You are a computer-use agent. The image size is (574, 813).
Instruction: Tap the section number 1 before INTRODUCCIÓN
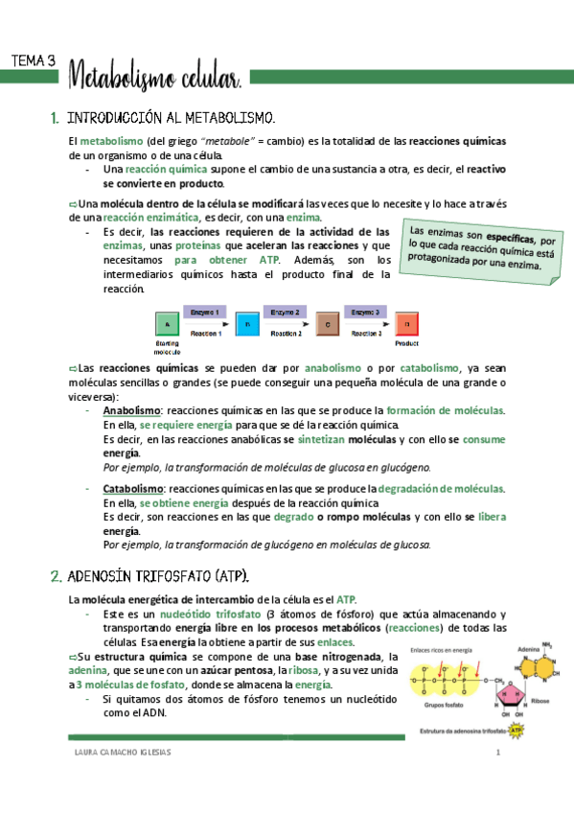tap(54, 119)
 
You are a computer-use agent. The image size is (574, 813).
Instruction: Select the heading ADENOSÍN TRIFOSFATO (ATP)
tap(159, 576)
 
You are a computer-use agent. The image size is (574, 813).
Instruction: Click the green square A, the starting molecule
tap(168, 323)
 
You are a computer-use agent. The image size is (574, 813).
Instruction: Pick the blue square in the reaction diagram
tap(248, 323)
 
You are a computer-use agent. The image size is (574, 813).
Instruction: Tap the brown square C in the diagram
tap(328, 323)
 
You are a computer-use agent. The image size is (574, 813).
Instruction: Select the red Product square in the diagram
tap(407, 323)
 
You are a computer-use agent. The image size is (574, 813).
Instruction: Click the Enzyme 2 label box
tap(287, 312)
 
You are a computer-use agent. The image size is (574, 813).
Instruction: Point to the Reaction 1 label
tap(207, 334)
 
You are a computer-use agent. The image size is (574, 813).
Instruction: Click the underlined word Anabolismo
tap(131, 410)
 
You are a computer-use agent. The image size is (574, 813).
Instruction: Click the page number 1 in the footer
tap(498, 753)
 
